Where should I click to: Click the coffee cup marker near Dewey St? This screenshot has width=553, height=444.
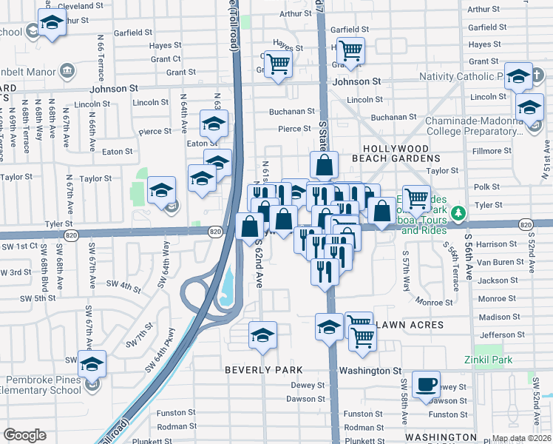coord(427,385)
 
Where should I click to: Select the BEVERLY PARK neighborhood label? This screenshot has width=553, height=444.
coord(264,369)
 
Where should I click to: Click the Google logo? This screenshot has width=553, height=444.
coord(24,435)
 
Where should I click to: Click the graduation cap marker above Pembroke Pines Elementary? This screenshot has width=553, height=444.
coord(92,364)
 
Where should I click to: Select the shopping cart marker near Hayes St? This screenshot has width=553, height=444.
coord(350,50)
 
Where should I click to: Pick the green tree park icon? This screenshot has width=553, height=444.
coord(459,215)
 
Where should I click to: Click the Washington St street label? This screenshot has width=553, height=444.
coord(370,370)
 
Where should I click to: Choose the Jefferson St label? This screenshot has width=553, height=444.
coord(497,335)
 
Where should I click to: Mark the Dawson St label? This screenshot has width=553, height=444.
coord(302,399)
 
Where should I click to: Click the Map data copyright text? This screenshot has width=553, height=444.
coord(520,438)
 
